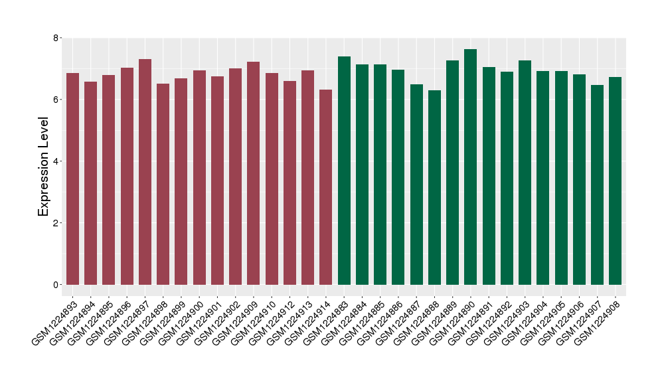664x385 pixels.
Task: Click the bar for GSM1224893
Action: click(72, 179)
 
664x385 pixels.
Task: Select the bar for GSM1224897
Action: click(145, 172)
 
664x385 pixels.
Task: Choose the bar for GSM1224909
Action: click(253, 173)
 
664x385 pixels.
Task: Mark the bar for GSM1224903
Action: click(525, 173)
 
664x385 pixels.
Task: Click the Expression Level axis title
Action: click(44, 167)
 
